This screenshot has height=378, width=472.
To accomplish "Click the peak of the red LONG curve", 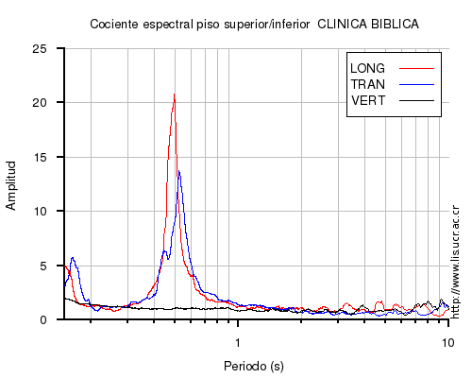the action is click(x=174, y=94).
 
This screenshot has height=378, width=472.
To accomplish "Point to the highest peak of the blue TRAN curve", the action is click(x=179, y=171).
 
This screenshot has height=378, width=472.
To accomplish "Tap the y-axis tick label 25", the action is click(x=40, y=49).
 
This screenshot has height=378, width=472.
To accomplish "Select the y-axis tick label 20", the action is click(x=40, y=103).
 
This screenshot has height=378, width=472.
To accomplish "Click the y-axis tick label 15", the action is click(x=40, y=157).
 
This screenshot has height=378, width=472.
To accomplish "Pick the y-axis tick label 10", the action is click(x=40, y=211).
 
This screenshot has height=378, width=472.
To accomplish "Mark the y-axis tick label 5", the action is click(x=43, y=266).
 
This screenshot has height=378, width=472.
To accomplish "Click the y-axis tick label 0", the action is click(x=43, y=320).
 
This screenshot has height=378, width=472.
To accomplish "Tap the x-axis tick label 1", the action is click(x=238, y=342).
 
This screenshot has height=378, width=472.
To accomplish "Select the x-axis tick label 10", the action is click(x=447, y=342).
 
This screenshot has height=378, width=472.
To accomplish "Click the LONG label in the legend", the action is click(x=367, y=68).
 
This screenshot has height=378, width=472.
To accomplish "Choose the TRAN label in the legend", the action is click(x=367, y=84).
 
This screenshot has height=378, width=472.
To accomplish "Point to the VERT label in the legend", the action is click(x=368, y=101).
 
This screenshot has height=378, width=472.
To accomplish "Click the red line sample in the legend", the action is click(x=416, y=68).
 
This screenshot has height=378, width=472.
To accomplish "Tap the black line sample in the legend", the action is click(x=416, y=101).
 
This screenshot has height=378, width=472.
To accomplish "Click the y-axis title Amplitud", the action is click(x=11, y=185).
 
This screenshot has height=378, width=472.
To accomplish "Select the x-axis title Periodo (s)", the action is click(x=254, y=366).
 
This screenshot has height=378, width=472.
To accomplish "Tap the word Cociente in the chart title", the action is click(x=114, y=25).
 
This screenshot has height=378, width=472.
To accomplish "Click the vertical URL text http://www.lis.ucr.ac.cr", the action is click(x=455, y=262).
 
